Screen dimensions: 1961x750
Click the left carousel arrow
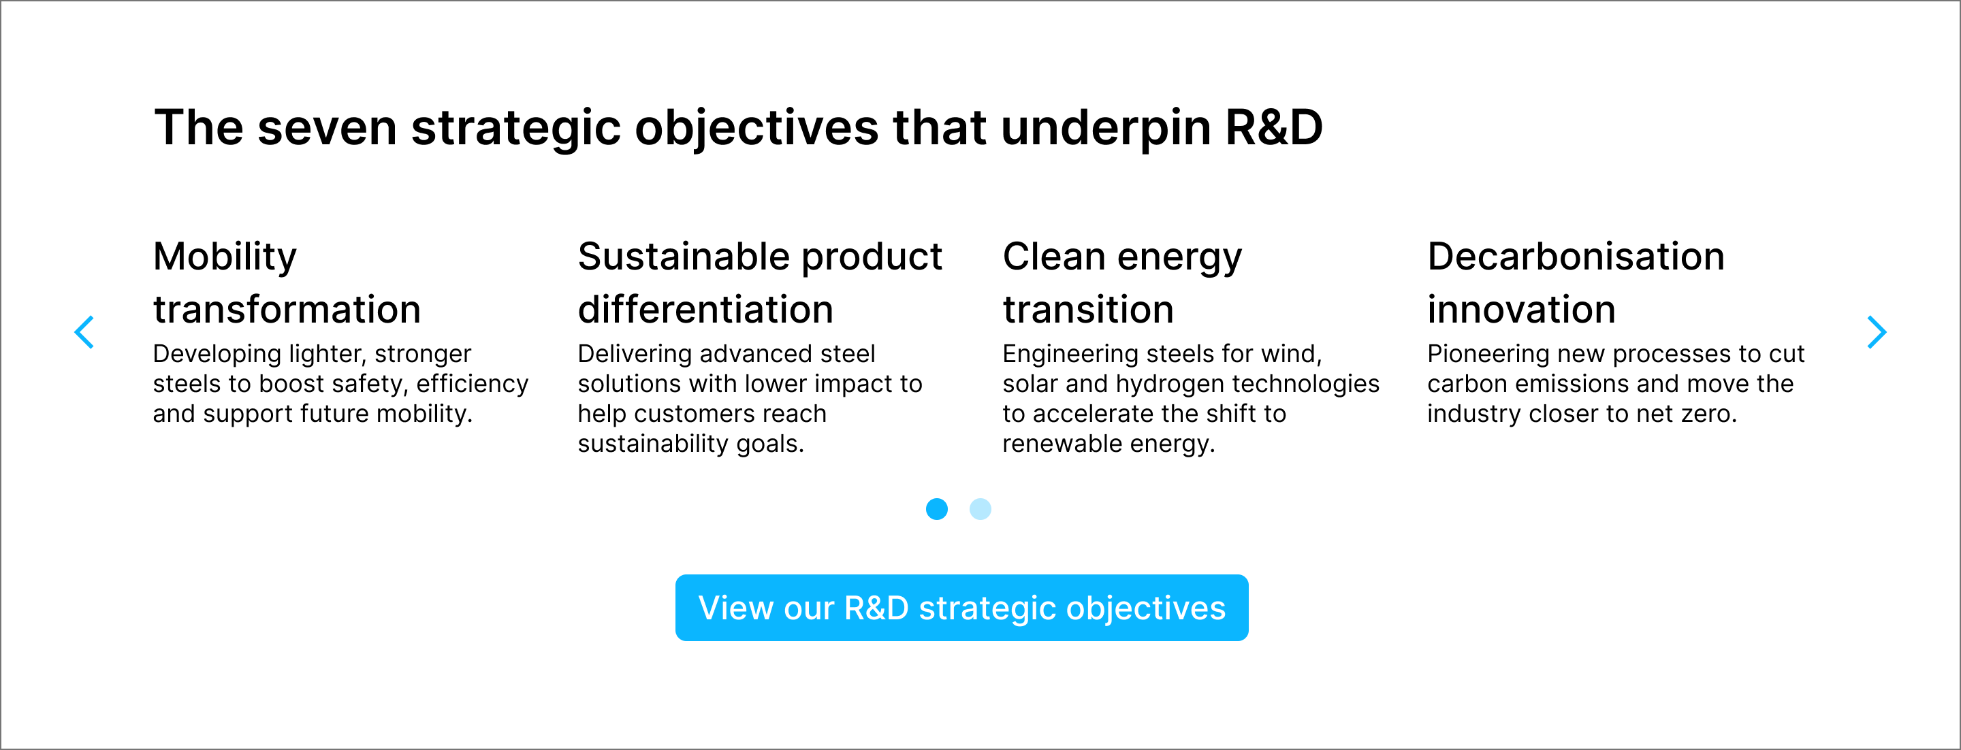84,332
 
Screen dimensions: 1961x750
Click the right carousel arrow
1877,332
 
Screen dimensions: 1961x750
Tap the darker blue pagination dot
936,509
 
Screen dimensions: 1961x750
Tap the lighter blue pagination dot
980,509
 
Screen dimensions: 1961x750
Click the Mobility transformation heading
287,282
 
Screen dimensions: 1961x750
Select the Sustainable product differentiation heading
760,282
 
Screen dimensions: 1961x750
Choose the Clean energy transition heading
1122,282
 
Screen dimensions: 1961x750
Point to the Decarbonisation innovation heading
1576,282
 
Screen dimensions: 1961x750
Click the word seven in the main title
328,128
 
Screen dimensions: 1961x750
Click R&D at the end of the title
1275,127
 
